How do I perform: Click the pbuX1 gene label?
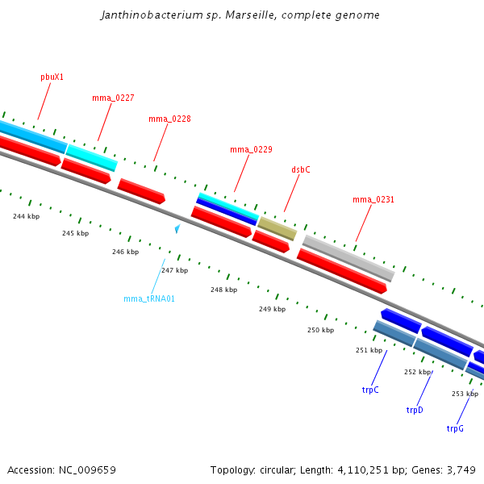pos(52,77)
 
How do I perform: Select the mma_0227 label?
pos(113,98)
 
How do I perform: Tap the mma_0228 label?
pos(169,119)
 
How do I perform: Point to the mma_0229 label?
pos(251,149)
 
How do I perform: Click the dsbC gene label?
pos(300,170)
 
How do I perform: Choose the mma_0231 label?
pos(373,199)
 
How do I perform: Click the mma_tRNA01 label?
pos(149,298)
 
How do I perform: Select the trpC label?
pos(370,390)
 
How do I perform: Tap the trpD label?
pos(415,410)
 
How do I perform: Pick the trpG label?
pos(455,428)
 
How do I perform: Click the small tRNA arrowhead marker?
pos(177,229)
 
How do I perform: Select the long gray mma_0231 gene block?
pos(348,257)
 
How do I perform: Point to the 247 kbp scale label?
pos(174,270)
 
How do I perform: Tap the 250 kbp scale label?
pos(320,330)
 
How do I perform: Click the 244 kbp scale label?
pos(26,216)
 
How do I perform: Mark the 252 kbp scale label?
pos(417,372)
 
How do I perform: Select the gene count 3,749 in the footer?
pos(460,469)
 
